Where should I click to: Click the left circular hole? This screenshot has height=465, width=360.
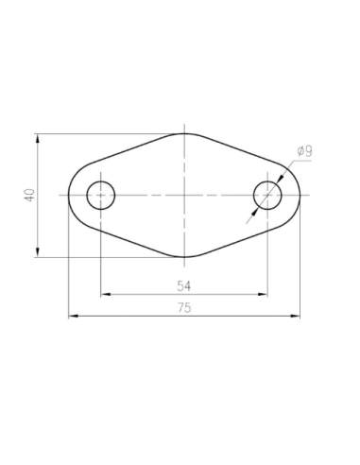[x=100, y=196]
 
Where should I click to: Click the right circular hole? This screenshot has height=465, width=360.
[x=268, y=196]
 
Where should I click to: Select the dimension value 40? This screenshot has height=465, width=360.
[x=30, y=195]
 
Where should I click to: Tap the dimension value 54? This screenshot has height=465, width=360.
[x=184, y=284]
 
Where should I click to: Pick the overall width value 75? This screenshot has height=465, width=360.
[x=184, y=307]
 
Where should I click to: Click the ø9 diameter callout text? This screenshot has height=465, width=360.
[x=304, y=150]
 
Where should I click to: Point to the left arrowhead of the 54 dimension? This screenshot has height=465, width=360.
[x=104, y=294]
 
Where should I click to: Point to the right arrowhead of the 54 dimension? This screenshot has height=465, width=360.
[x=265, y=294]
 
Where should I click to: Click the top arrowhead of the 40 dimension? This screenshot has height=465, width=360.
[x=38, y=138]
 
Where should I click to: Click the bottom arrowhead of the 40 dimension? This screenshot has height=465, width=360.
[x=38, y=252]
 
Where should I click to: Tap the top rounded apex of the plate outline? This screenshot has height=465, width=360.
[x=184, y=133]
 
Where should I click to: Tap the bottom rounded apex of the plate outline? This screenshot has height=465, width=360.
[x=184, y=257]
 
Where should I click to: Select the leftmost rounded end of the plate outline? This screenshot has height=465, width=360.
[x=69, y=196]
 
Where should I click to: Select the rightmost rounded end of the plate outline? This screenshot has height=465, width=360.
[x=300, y=196]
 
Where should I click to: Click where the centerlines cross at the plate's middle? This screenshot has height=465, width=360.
[x=184, y=196]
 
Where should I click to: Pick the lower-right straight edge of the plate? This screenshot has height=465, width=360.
[x=244, y=238]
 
